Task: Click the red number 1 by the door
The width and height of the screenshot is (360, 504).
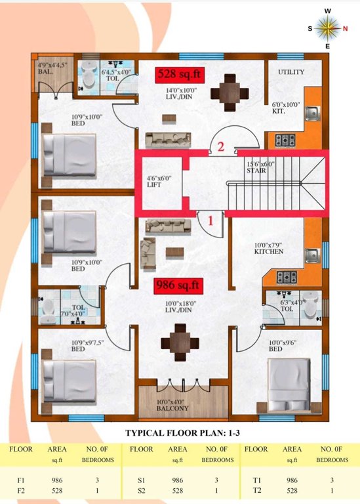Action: [x=211, y=220]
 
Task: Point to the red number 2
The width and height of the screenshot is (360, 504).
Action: [x=221, y=147]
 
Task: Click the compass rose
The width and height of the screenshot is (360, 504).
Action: [x=327, y=28]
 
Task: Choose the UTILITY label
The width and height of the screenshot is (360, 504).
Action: [x=291, y=72]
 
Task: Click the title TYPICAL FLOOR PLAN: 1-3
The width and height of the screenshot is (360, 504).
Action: [x=180, y=433]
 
